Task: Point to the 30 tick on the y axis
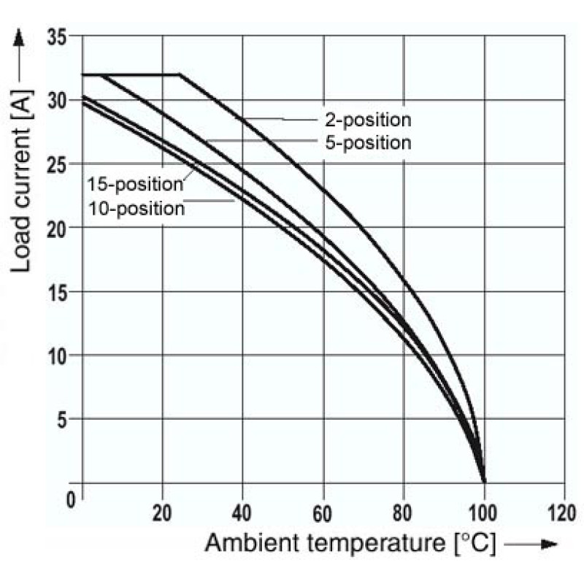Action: coord(58,100)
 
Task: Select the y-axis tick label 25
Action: coord(58,164)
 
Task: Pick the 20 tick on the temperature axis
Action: coord(162,513)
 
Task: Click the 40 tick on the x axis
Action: coord(242,513)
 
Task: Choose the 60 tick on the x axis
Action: coord(322,513)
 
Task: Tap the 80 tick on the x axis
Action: coord(403,513)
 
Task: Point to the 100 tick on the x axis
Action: coord(483,513)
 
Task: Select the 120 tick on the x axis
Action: coord(562,513)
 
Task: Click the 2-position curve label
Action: coord(369,120)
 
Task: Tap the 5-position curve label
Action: coord(369,143)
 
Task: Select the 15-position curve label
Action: coord(135,185)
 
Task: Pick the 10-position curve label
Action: coord(137,209)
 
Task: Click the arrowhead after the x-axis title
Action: coord(550,544)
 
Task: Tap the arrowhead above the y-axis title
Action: coord(19,37)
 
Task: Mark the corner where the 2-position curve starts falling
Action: coord(180,75)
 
